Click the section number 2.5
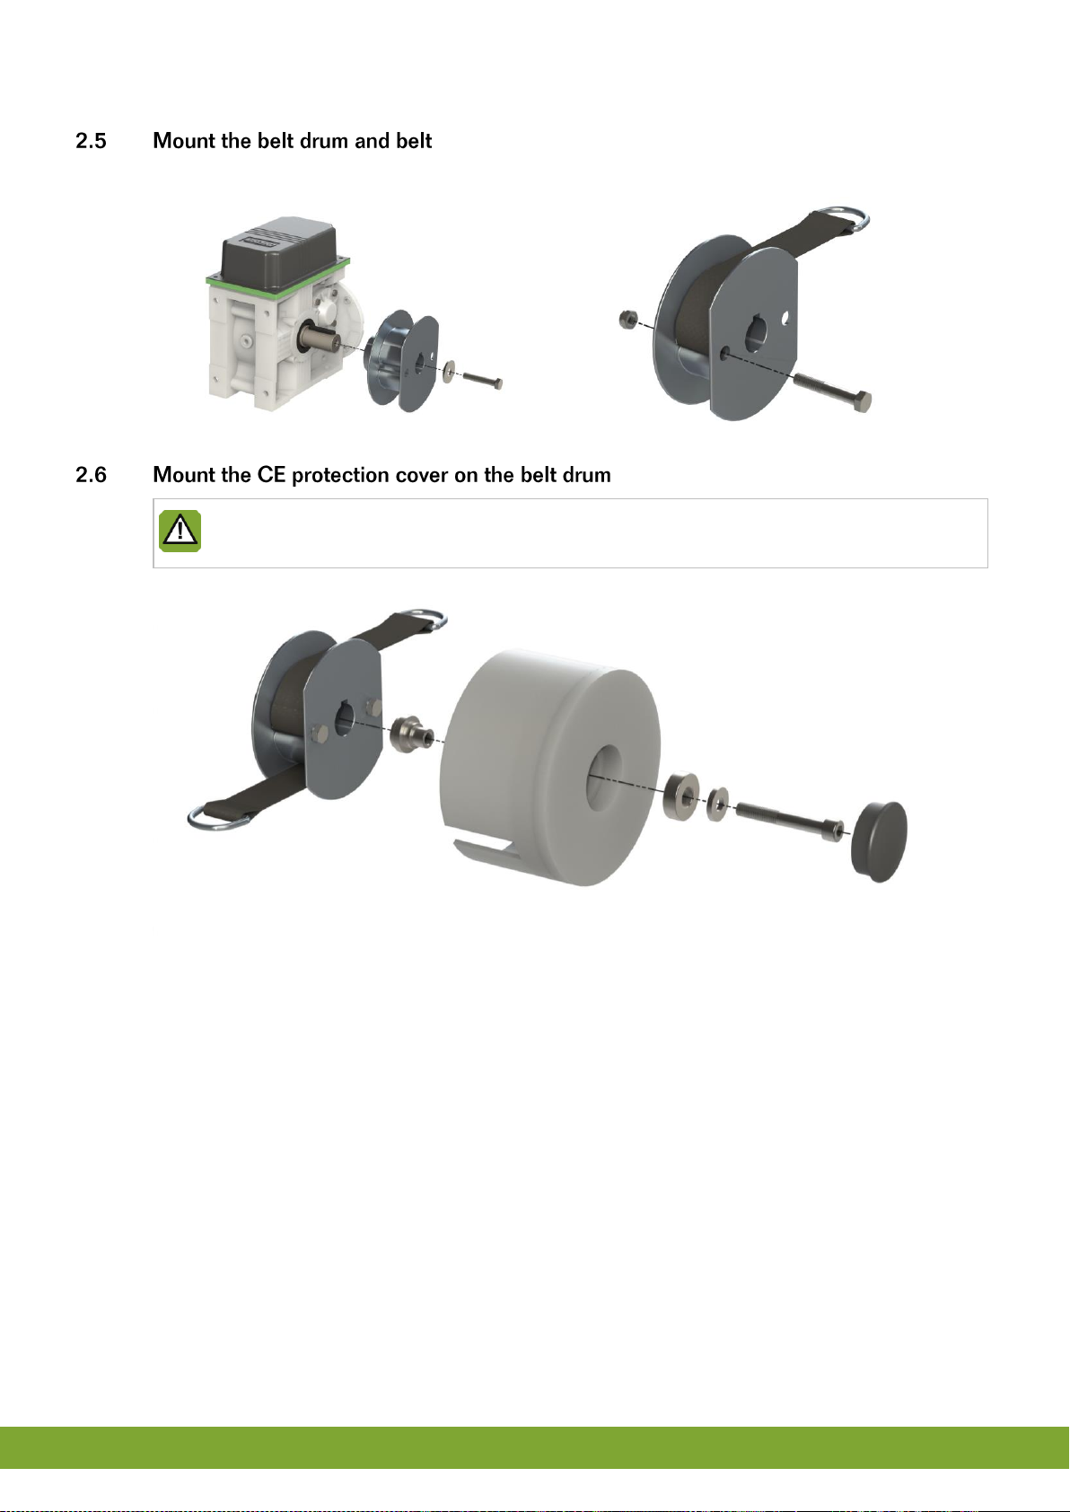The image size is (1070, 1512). [91, 141]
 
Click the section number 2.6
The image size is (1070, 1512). [91, 475]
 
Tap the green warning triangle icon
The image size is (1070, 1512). [180, 532]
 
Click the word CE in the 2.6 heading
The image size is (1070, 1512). [271, 475]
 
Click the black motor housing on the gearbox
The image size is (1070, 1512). [279, 254]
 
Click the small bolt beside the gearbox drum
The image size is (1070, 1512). [483, 380]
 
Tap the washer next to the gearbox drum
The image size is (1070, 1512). [448, 372]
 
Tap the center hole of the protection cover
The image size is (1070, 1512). [606, 777]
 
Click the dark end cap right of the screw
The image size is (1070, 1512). [879, 841]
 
